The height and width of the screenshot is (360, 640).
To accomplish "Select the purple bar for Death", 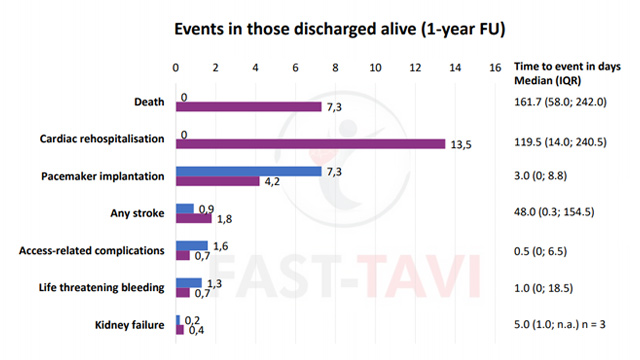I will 249,107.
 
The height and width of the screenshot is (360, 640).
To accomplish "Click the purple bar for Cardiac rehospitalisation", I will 311,144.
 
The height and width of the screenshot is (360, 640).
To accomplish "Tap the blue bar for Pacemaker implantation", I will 249,171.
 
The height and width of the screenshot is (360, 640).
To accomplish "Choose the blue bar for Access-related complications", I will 192,245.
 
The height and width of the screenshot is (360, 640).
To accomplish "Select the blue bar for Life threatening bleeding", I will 189,282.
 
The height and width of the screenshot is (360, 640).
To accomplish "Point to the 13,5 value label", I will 461,145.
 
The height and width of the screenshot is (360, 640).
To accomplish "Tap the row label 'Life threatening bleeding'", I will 102,288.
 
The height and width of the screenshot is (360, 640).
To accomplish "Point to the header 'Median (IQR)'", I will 548,80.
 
